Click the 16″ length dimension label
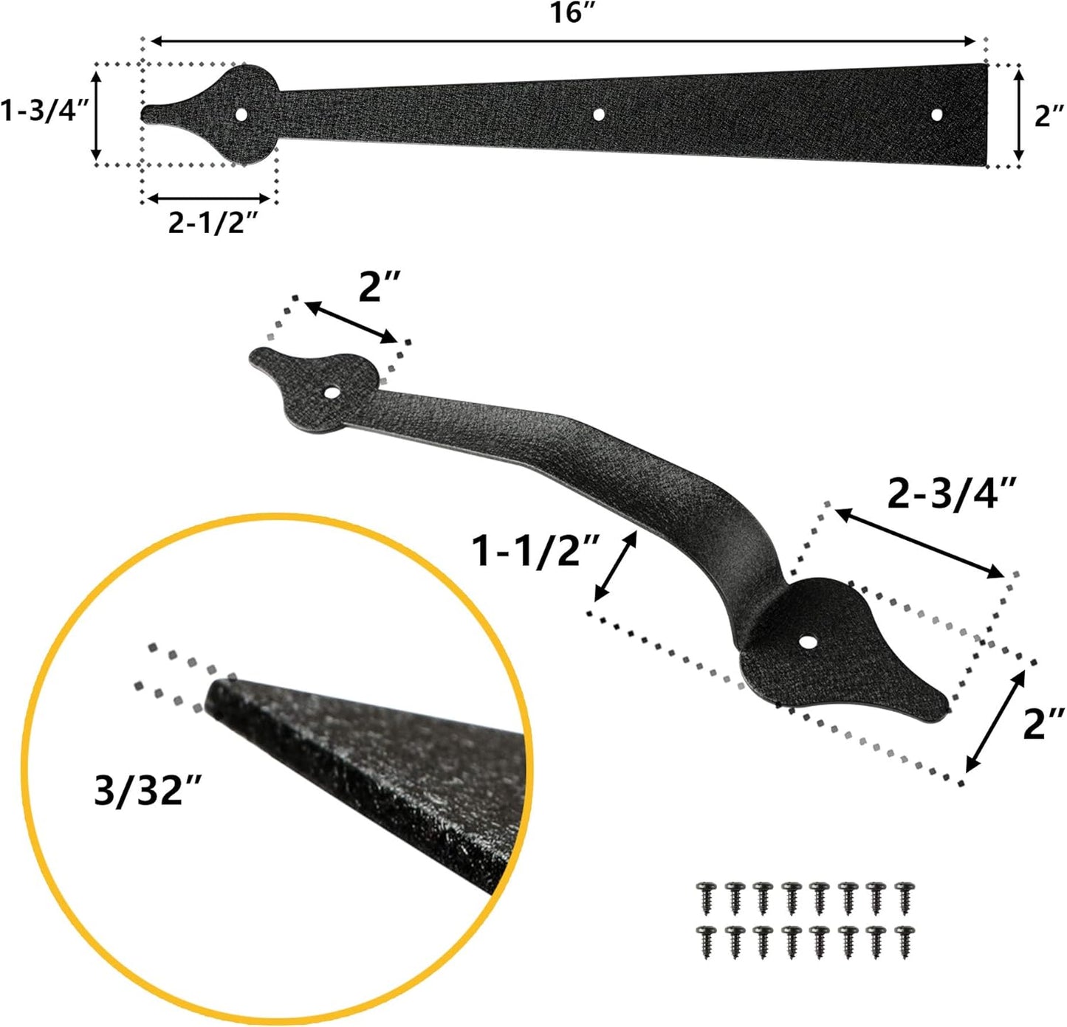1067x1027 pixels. point(566,13)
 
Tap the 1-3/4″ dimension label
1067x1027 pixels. point(44,112)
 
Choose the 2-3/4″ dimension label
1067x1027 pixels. point(953,493)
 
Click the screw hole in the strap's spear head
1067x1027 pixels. point(241,114)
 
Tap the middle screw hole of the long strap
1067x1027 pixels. point(598,114)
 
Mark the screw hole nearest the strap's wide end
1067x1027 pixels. point(937,114)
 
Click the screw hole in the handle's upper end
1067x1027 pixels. point(334,392)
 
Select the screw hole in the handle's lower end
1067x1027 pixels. point(811,643)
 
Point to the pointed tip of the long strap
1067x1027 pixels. point(144,113)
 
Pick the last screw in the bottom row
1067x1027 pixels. point(902,941)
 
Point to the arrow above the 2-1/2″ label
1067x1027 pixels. point(208,198)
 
